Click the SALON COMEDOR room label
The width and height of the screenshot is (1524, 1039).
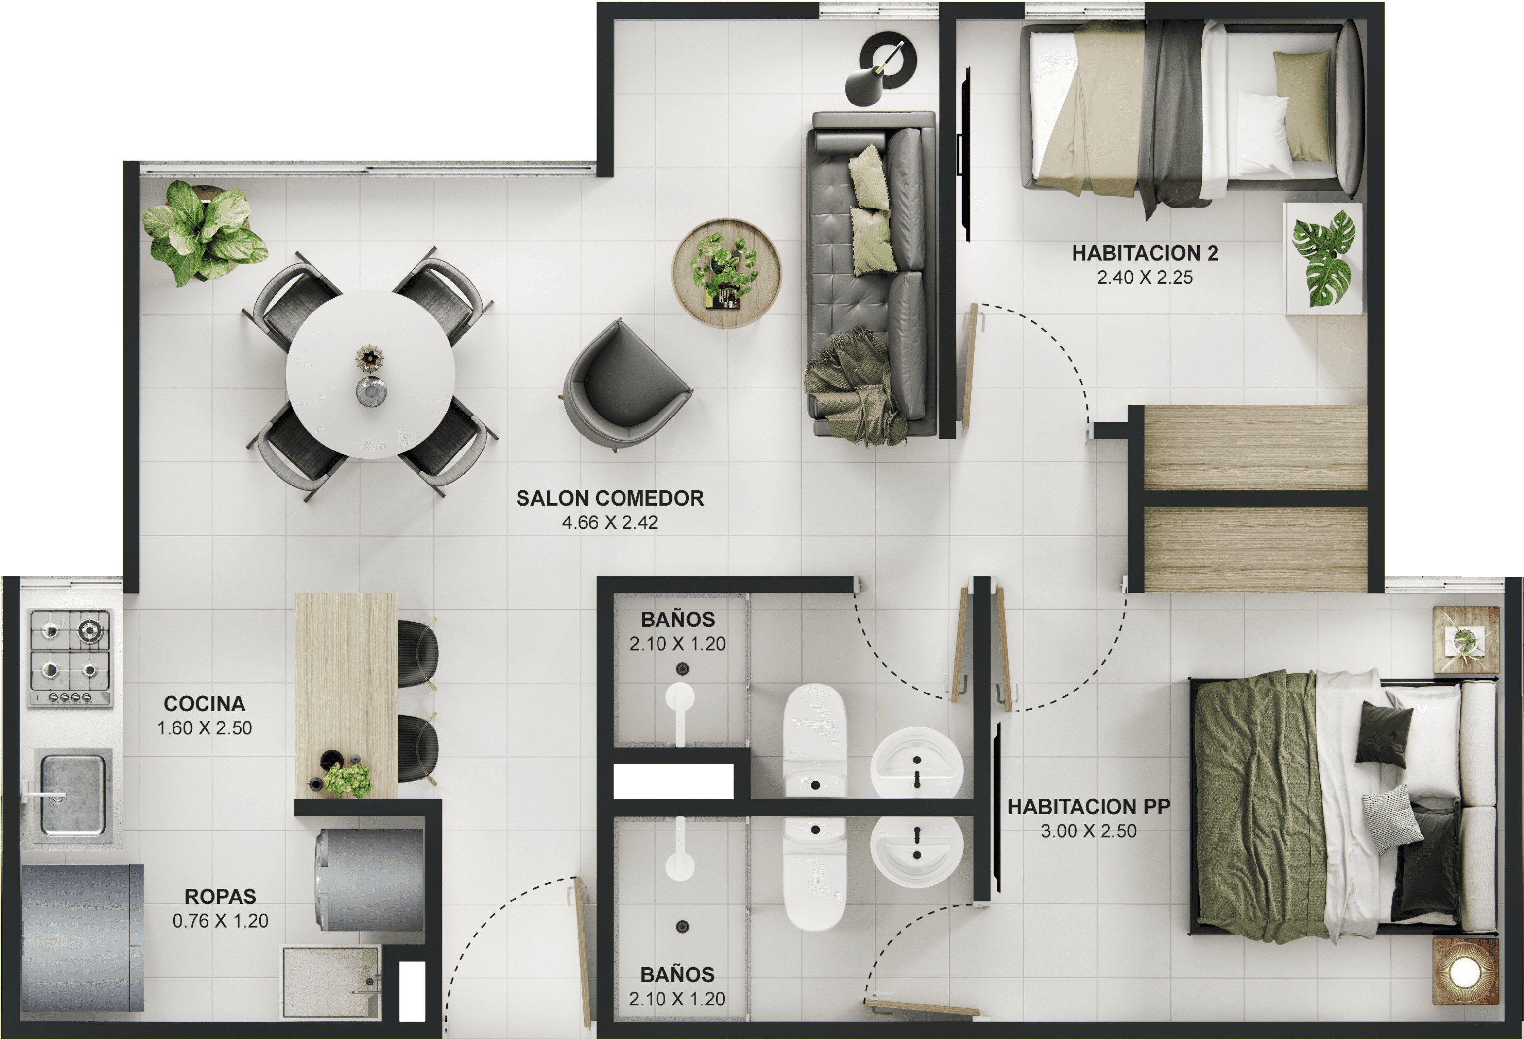coord(610,498)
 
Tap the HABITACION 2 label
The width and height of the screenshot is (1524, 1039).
coord(1145,253)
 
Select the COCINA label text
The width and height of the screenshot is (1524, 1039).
coord(205,704)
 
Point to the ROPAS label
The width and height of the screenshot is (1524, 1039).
coord(220,896)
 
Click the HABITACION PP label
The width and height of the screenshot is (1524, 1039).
coord(1089,807)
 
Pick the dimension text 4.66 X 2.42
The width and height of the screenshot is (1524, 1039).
coord(610,523)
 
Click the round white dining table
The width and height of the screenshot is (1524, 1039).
coord(371,375)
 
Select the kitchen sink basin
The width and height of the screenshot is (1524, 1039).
coord(73,795)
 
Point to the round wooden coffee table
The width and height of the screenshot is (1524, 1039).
coord(727,273)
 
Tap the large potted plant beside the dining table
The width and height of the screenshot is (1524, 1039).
coord(205,233)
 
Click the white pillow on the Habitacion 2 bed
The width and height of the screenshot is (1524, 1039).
coord(1262,134)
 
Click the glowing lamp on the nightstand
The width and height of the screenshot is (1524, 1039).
coord(1465,971)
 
